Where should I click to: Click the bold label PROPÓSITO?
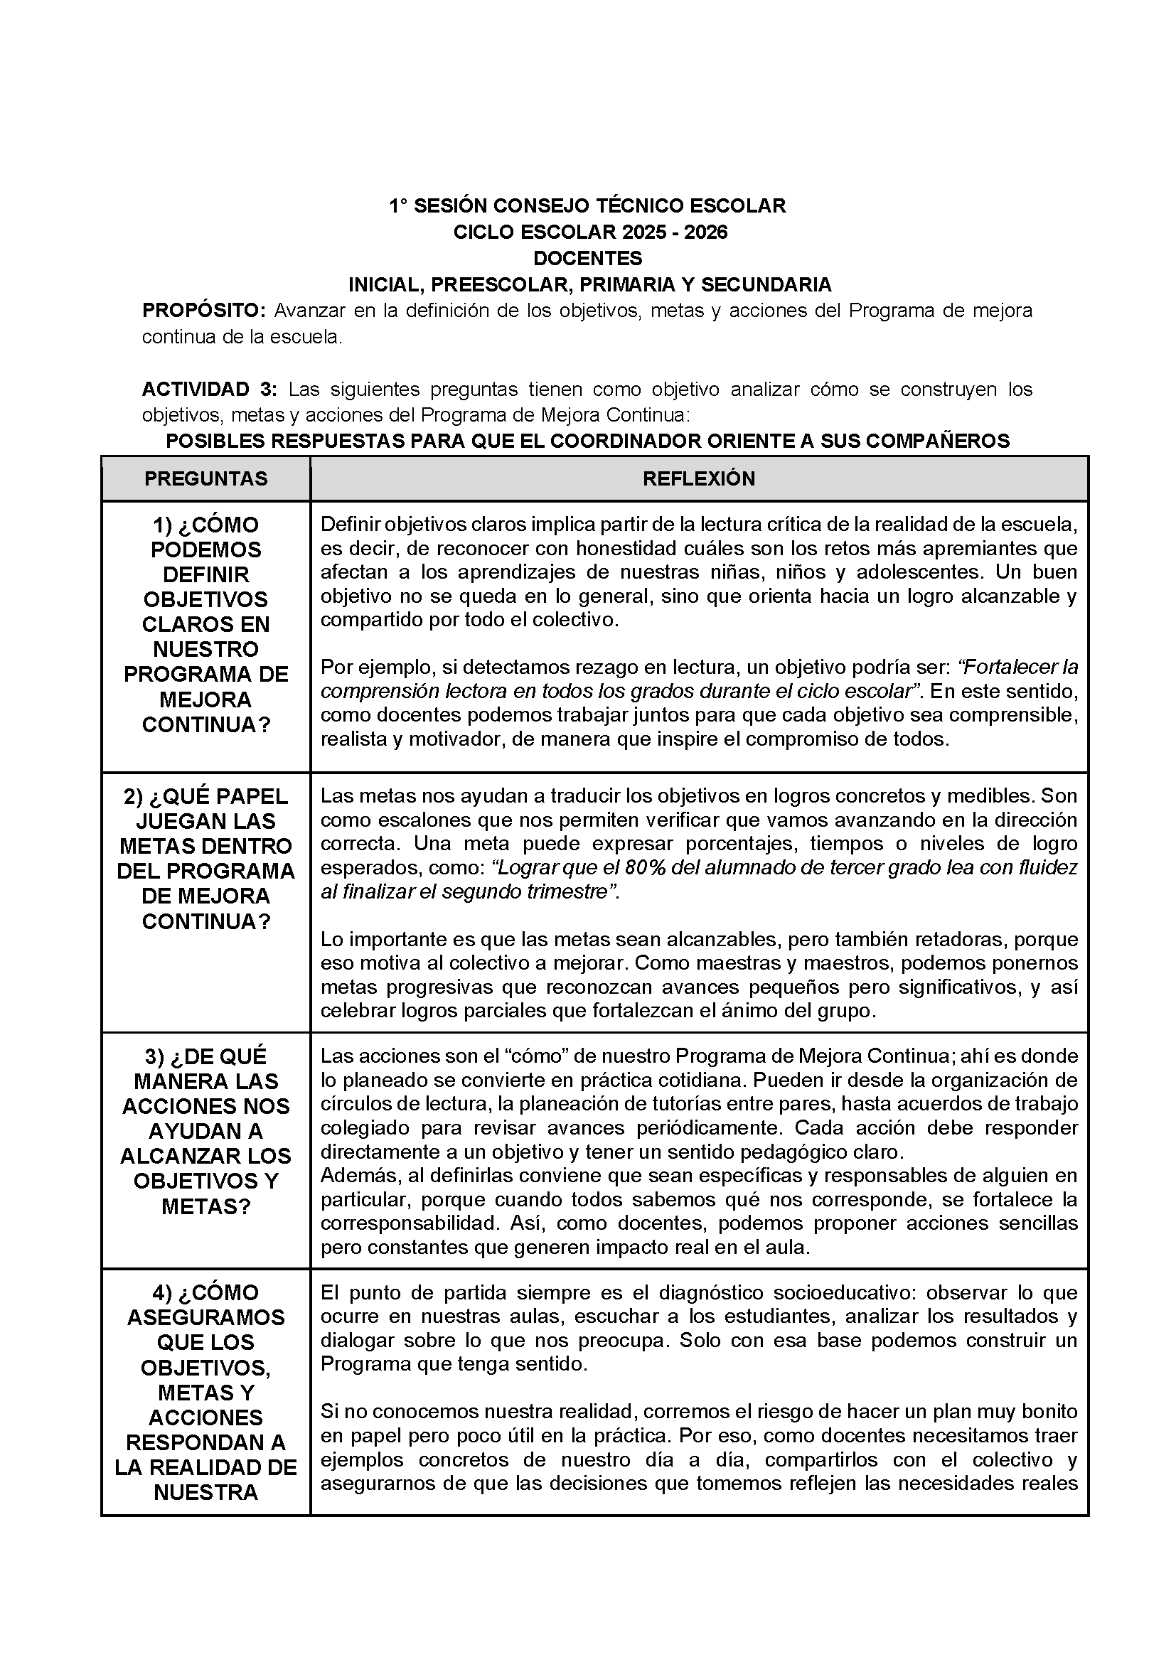(204, 311)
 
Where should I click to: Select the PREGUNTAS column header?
(205, 478)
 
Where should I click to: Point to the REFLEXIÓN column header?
(699, 478)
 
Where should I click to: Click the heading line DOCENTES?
(587, 259)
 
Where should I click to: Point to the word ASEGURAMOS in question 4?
(205, 1317)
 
